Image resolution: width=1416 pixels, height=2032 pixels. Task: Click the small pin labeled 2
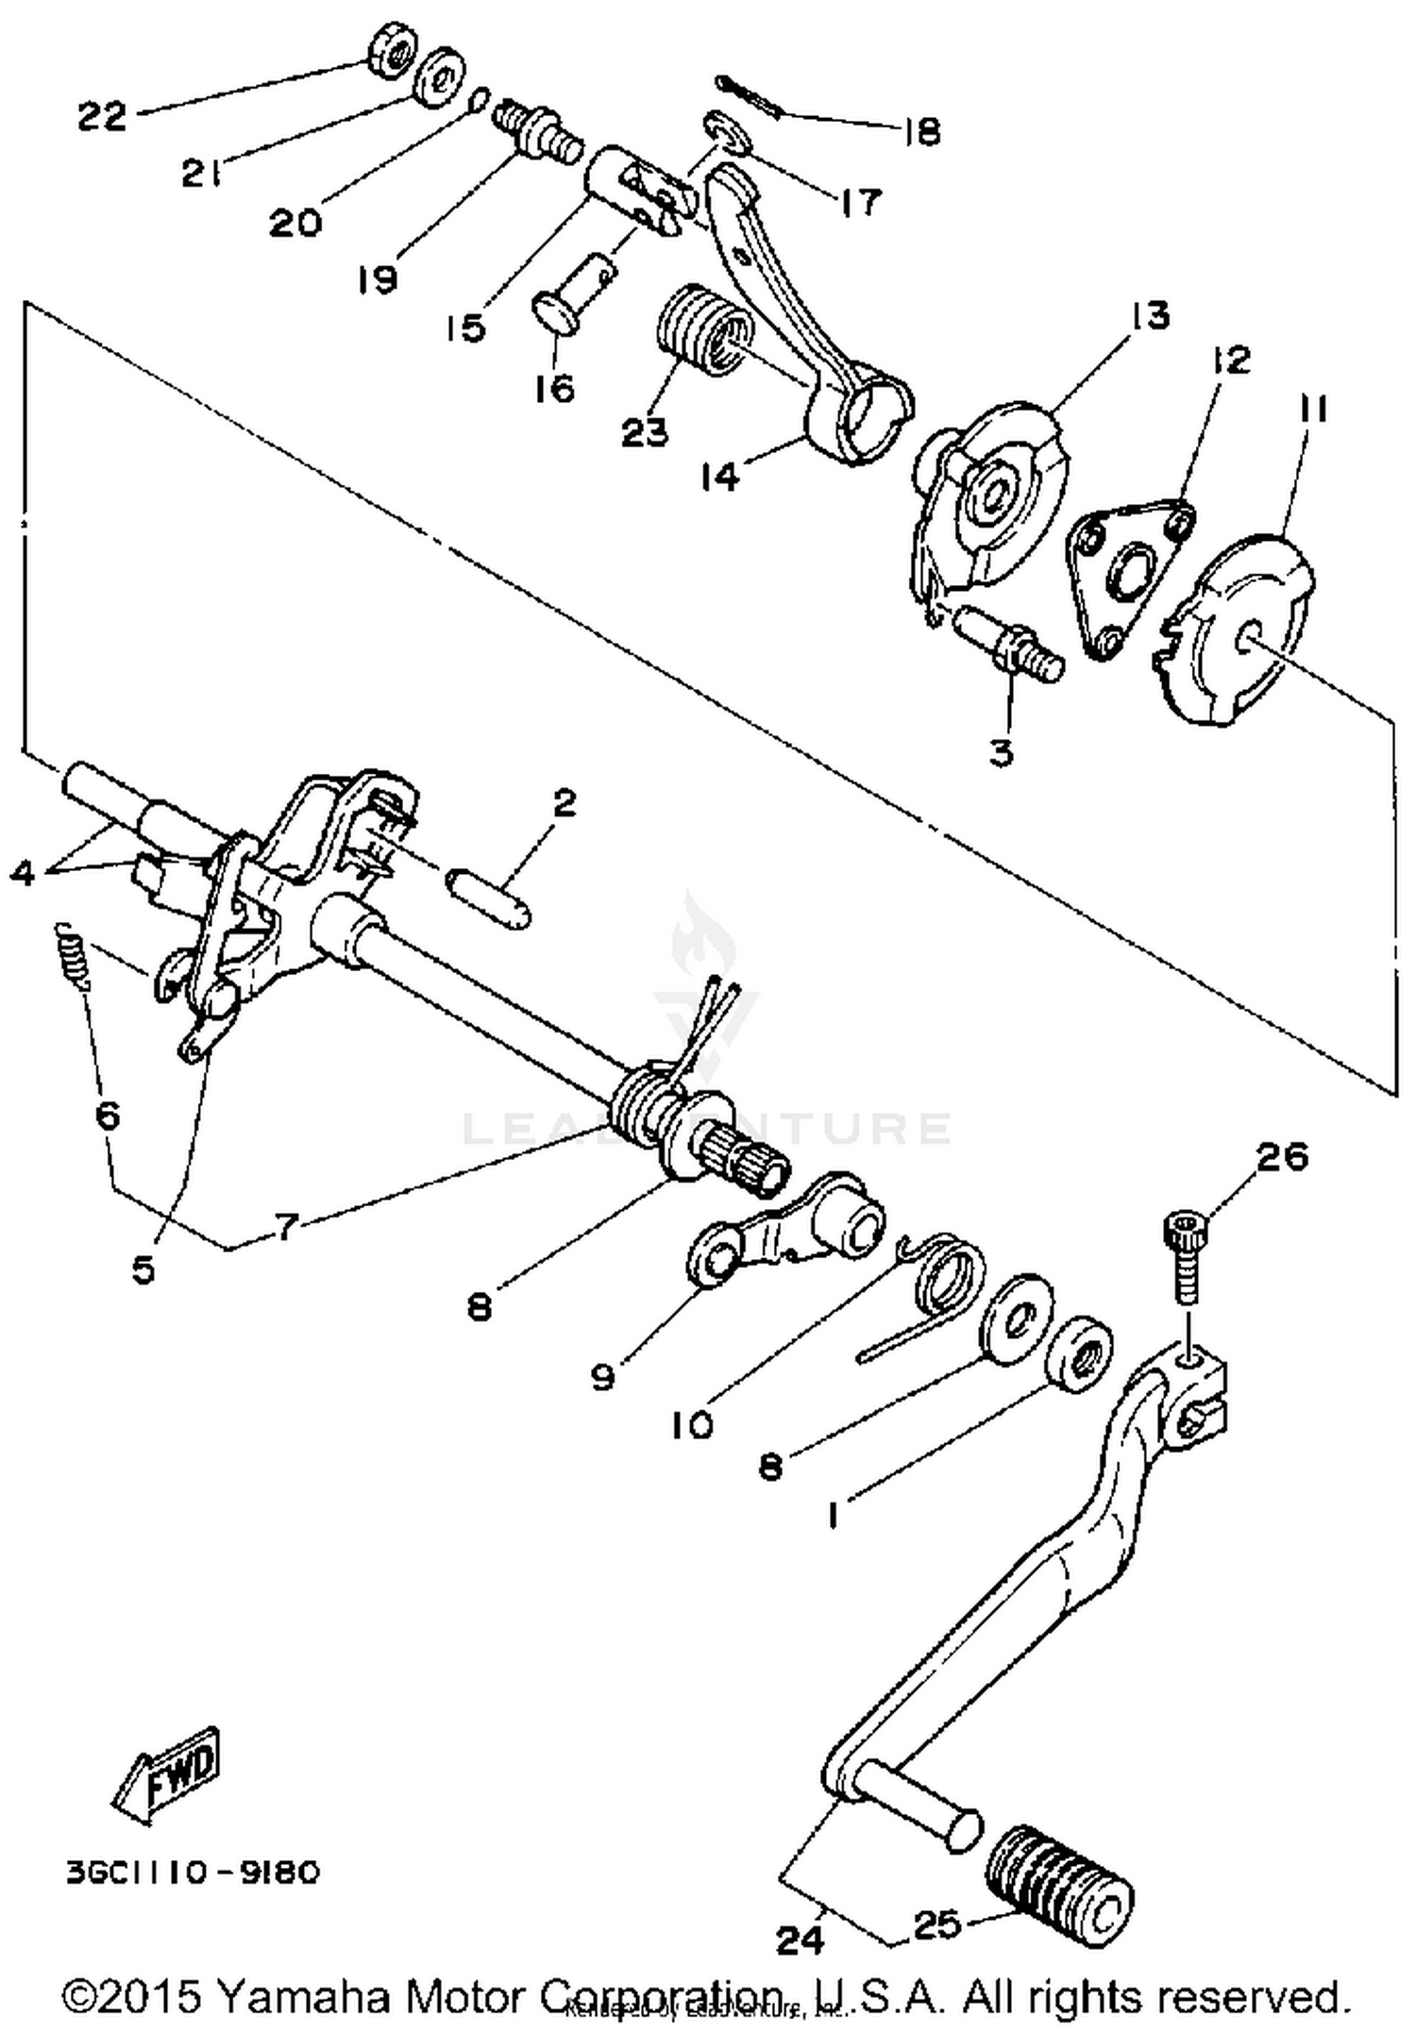point(488,902)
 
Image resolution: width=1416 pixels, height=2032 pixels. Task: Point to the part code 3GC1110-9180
point(193,1871)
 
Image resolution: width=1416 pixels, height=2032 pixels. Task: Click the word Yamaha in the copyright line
point(308,1995)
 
